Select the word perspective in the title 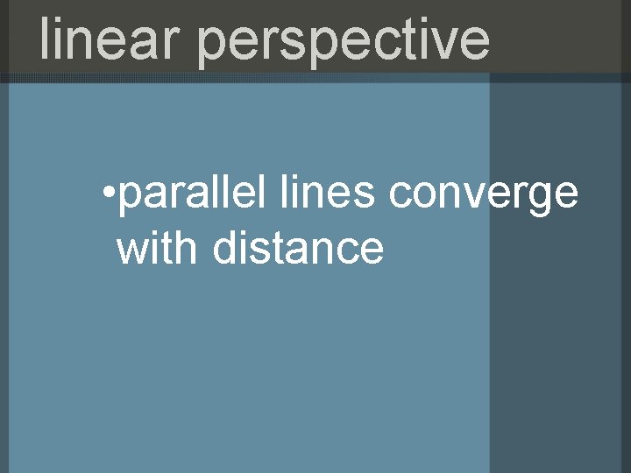344,41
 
